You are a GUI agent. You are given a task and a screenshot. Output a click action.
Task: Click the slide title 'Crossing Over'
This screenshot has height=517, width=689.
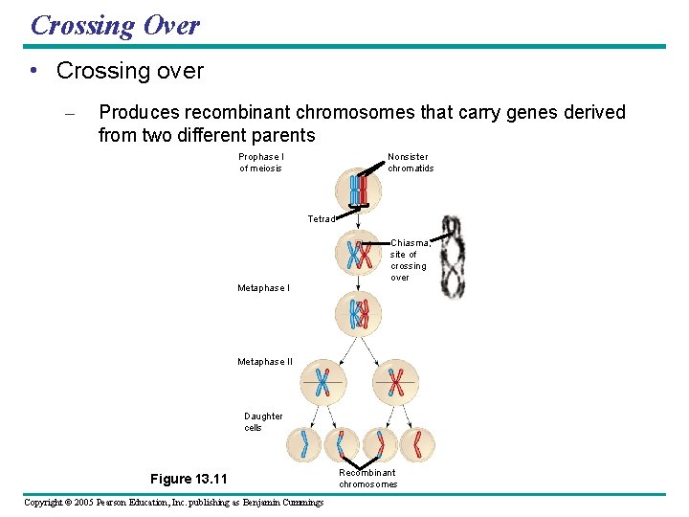point(115,25)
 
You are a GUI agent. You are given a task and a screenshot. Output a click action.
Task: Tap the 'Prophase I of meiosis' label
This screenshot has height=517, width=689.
point(261,163)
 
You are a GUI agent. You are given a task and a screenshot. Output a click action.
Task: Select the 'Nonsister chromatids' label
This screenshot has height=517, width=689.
point(411,163)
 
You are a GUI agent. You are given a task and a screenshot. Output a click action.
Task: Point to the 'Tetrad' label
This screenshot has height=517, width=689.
point(322,219)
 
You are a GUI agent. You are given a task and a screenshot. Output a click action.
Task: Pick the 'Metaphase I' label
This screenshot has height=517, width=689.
point(263,288)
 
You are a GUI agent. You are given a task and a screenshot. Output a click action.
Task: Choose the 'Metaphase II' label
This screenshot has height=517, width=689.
point(265,362)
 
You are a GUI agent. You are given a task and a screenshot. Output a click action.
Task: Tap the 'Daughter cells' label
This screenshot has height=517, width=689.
point(263,422)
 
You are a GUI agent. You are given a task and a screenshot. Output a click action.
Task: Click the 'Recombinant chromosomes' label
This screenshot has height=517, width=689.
point(367,478)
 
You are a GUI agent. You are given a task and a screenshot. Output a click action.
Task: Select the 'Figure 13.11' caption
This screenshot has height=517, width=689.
point(189,479)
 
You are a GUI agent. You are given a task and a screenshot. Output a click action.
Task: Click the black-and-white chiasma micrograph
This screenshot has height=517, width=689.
point(455,257)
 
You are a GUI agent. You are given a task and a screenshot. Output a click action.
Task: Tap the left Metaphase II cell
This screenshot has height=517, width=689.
point(322,383)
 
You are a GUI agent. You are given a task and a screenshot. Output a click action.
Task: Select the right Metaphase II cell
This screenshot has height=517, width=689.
point(395,383)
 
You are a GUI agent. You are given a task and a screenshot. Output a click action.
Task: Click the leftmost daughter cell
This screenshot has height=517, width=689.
point(306,444)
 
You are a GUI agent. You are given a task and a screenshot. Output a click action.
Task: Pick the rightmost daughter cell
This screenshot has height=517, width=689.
point(417,444)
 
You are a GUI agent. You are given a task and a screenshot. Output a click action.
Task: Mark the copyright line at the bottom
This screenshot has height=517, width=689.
point(173,503)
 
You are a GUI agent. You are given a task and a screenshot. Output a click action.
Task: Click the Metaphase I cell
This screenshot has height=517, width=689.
point(359,314)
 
